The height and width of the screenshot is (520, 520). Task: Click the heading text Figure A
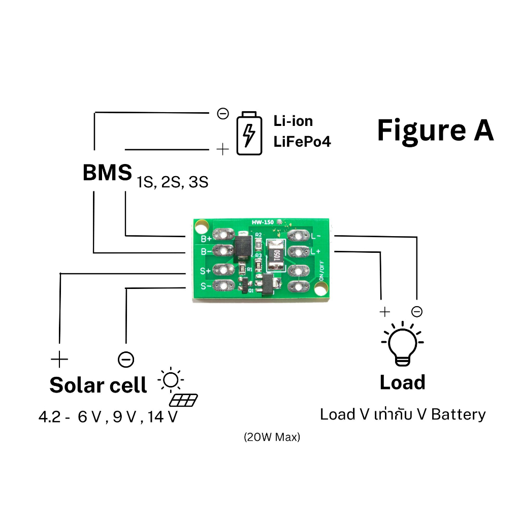[x=435, y=131]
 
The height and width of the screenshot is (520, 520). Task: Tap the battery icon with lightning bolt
[x=249, y=133]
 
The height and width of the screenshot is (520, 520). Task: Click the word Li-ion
[x=293, y=121]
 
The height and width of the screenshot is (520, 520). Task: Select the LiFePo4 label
[x=302, y=142]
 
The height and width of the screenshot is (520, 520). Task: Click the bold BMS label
[x=107, y=173]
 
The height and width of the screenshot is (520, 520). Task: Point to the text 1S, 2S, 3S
[x=173, y=182]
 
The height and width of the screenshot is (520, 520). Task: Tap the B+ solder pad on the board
[x=223, y=235]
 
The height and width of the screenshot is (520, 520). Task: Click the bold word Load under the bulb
[x=402, y=382]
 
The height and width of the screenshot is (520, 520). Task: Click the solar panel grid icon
[x=183, y=400]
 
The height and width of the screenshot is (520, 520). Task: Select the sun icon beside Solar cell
[x=171, y=379]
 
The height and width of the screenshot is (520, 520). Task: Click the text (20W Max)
[x=272, y=437]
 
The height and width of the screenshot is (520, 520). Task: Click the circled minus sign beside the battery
[x=223, y=114]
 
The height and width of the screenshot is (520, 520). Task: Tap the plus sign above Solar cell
[x=59, y=360]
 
